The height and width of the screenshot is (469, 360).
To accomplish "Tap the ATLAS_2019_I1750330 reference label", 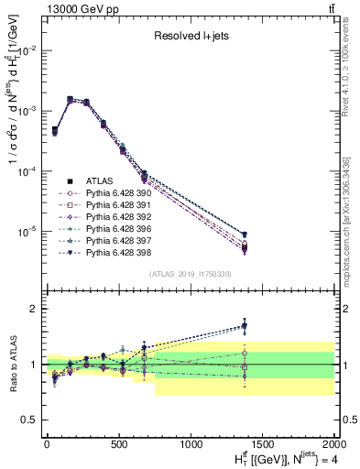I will pyautogui.click(x=191, y=274).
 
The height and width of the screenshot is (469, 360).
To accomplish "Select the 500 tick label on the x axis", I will pyautogui.click(x=118, y=447).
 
